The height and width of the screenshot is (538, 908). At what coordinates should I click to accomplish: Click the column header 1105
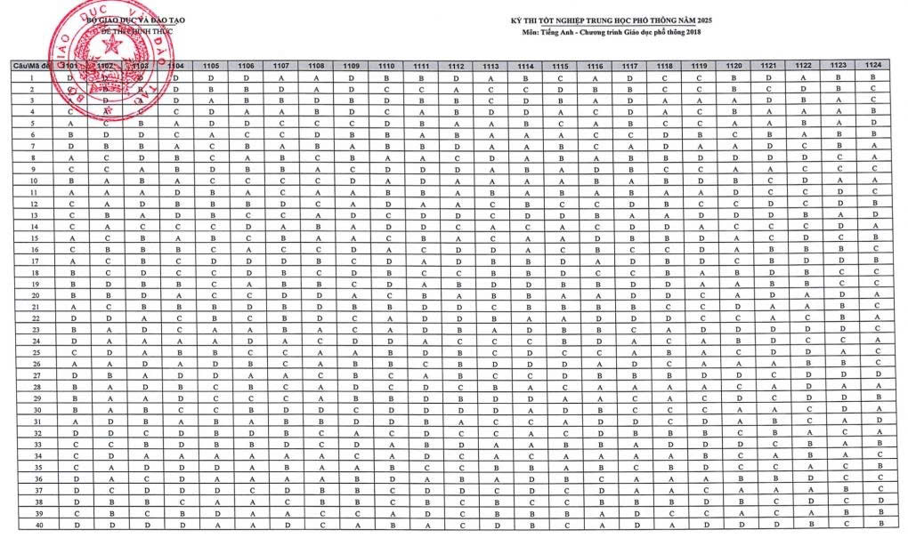pyautogui.click(x=212, y=66)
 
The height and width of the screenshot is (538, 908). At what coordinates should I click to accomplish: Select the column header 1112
pyautogui.click(x=456, y=66)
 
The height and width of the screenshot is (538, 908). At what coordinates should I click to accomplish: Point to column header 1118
pyautogui.click(x=664, y=66)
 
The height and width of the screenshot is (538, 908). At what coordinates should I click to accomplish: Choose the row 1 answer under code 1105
pyautogui.click(x=212, y=77)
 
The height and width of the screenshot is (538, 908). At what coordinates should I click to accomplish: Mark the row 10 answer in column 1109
pyautogui.click(x=352, y=180)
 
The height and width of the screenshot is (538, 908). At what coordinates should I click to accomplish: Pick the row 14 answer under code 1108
pyautogui.click(x=316, y=226)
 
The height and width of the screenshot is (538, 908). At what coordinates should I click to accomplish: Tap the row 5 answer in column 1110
pyautogui.click(x=386, y=123)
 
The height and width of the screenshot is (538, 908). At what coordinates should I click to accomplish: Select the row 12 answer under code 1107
pyautogui.click(x=281, y=203)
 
